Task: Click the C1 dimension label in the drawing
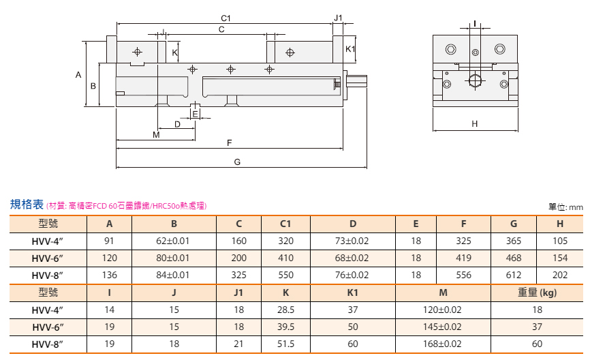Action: coord(226,18)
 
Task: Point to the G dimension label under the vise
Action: coord(237,162)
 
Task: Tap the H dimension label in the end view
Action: coord(474,123)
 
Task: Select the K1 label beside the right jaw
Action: coord(350,49)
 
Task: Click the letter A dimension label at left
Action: coord(78,74)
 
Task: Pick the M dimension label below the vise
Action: coord(156,134)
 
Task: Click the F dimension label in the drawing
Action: coord(229,142)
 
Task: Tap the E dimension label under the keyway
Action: coord(195,114)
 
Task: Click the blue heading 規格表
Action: coord(27,205)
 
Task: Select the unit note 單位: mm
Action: coord(565,207)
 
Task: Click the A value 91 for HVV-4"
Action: coord(109,241)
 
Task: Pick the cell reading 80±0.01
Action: coord(173,258)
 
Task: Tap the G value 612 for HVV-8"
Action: coord(514,275)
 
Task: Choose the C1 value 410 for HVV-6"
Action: coord(285,258)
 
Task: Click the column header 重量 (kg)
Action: coord(537,292)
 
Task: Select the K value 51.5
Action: coord(285,344)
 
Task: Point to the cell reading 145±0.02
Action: coord(442,327)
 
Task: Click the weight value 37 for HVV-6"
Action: coord(537,327)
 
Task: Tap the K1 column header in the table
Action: coord(353,292)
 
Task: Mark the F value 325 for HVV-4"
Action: coord(463,241)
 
